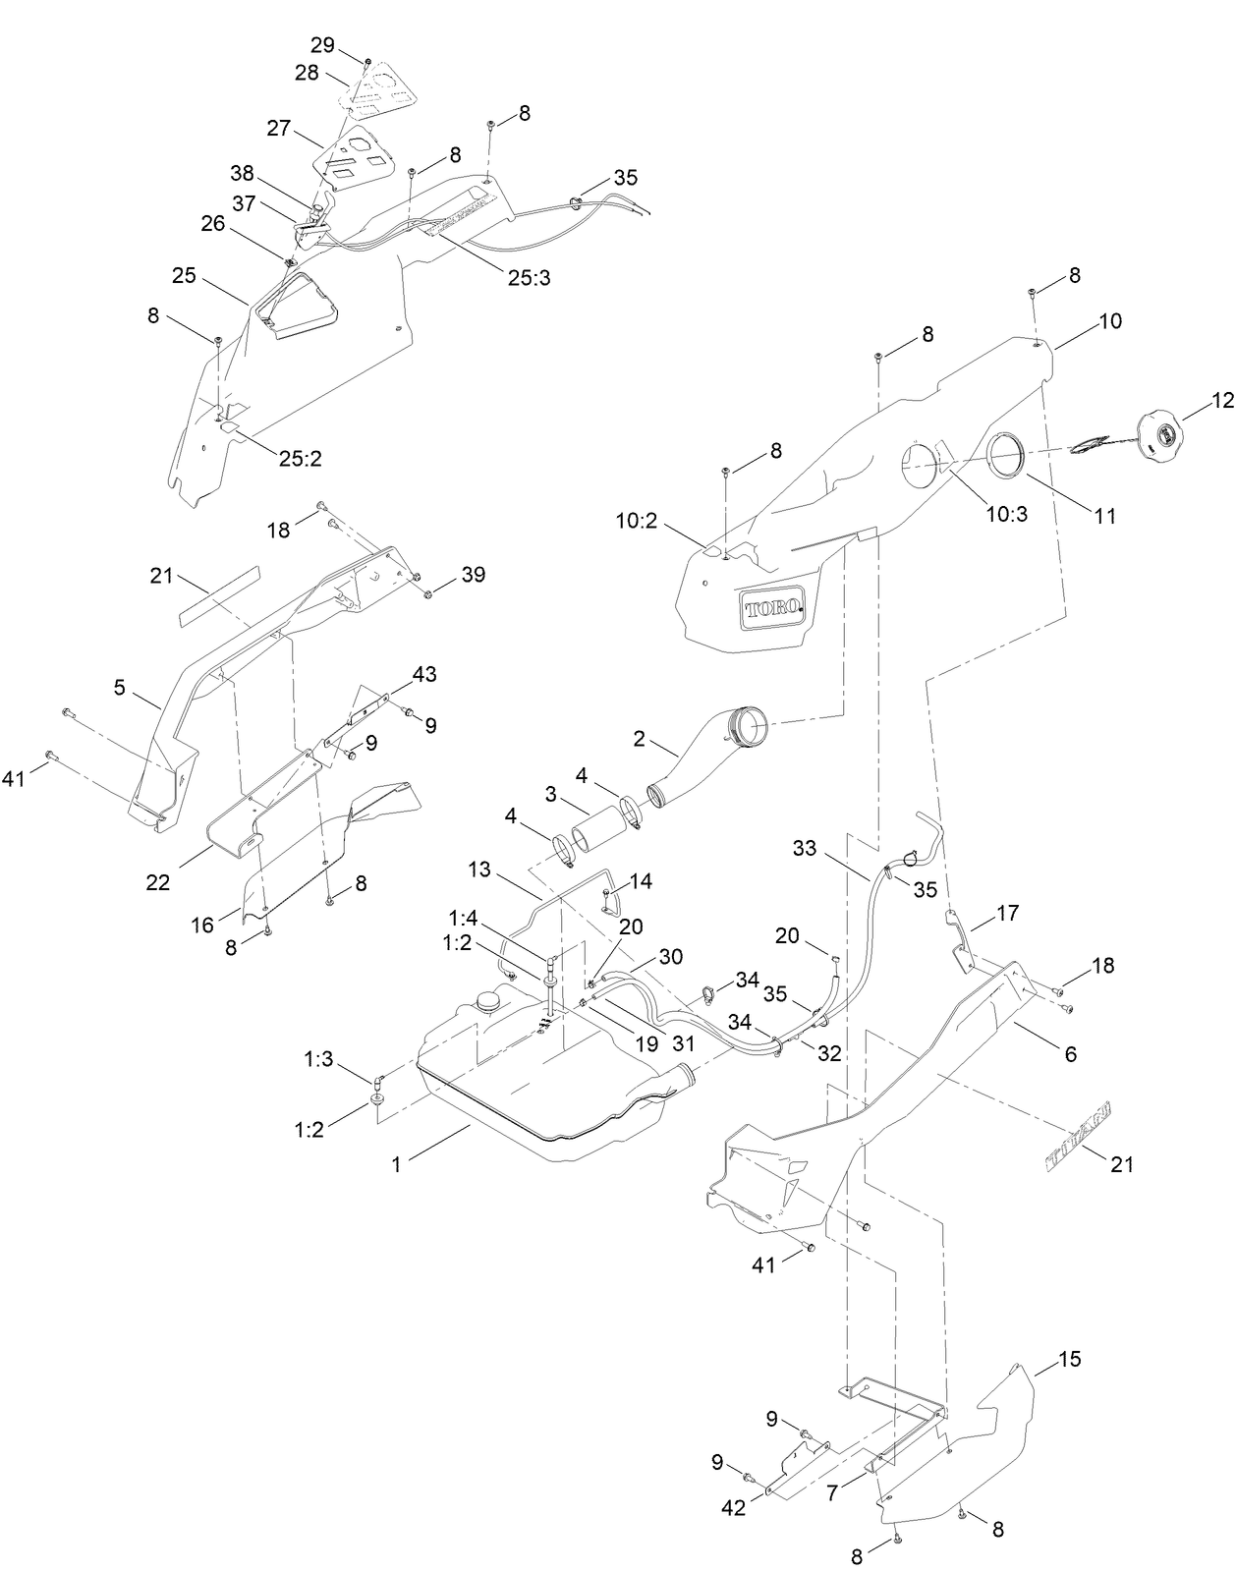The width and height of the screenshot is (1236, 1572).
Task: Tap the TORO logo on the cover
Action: click(773, 608)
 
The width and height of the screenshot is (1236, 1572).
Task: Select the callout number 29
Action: click(322, 45)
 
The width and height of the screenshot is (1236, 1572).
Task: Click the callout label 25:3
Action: click(529, 277)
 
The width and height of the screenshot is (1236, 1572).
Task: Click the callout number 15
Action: click(1069, 1360)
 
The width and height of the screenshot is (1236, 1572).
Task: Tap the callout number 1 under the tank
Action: click(397, 1164)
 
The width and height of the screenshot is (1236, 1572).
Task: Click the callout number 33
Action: click(805, 848)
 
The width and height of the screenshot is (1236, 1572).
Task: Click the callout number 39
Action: click(473, 575)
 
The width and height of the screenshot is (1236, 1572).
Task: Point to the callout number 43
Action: click(424, 675)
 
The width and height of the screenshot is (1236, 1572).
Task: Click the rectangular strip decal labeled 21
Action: click(219, 595)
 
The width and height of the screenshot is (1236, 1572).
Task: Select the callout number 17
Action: click(1007, 914)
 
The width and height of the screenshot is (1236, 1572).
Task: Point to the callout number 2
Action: click(640, 739)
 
